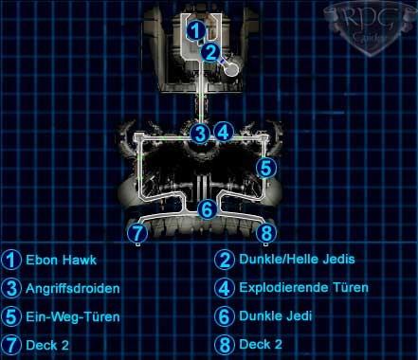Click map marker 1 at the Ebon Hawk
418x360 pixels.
click(x=196, y=31)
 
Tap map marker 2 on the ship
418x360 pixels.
click(x=210, y=52)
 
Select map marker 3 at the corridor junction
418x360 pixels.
click(x=200, y=134)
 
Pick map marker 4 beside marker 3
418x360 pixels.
click(x=224, y=132)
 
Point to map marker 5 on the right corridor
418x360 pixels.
click(x=266, y=168)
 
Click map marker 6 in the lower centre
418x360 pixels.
click(x=208, y=209)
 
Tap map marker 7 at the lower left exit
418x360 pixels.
click(x=137, y=233)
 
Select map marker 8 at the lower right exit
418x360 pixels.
click(x=266, y=233)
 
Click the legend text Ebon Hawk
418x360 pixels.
click(x=61, y=260)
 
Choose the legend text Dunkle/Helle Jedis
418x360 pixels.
click(x=297, y=260)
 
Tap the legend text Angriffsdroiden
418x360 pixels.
click(x=73, y=289)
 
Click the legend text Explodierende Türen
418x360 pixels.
click(x=303, y=288)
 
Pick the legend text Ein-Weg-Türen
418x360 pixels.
click(x=73, y=316)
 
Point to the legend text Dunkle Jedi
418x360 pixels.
click(x=276, y=315)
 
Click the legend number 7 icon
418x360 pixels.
click(x=11, y=345)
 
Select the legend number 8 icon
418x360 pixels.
click(x=225, y=345)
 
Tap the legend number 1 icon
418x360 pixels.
click(x=11, y=260)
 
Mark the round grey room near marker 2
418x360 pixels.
click(x=232, y=69)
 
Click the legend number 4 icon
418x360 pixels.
click(x=225, y=288)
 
